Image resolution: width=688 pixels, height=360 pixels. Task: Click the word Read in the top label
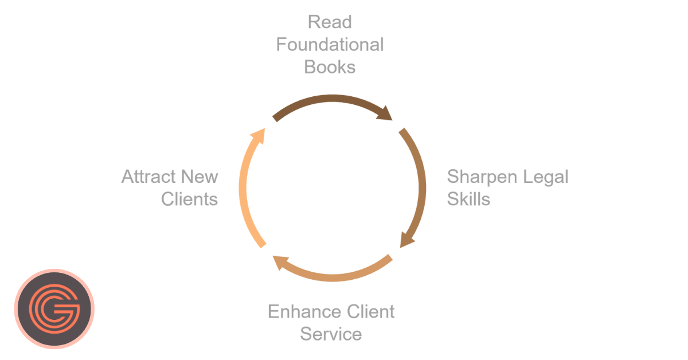(x=330, y=23)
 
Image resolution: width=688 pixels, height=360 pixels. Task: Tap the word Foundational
(x=330, y=45)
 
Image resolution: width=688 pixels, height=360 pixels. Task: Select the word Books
(x=330, y=66)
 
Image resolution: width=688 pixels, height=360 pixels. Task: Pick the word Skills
(x=468, y=199)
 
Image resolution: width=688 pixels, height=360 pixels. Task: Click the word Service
(x=331, y=334)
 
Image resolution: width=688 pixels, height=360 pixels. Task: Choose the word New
(x=201, y=177)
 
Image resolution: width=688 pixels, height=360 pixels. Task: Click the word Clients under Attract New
(x=190, y=199)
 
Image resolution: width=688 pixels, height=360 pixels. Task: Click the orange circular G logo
(x=54, y=309)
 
